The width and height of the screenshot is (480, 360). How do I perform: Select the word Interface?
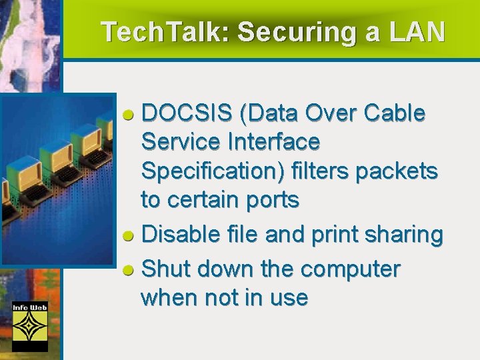click(x=273, y=142)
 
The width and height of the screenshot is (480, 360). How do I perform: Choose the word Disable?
click(x=175, y=235)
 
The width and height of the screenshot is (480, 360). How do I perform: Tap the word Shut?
click(x=163, y=269)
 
